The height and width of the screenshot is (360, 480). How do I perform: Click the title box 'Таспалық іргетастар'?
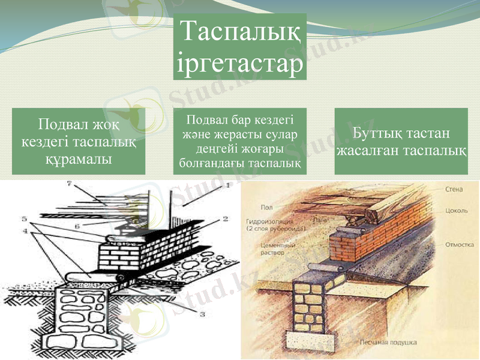(x=240, y=47)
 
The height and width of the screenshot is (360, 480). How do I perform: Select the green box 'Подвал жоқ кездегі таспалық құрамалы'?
(x=79, y=142)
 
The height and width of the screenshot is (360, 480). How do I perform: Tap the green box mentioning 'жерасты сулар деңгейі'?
(x=240, y=142)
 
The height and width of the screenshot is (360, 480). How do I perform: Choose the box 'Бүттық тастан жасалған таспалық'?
(x=401, y=142)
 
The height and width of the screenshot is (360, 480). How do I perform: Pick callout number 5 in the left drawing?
(x=25, y=217)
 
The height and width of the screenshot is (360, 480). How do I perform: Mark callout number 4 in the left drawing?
(x=25, y=229)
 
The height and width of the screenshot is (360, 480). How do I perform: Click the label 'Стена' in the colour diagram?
(x=454, y=190)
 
